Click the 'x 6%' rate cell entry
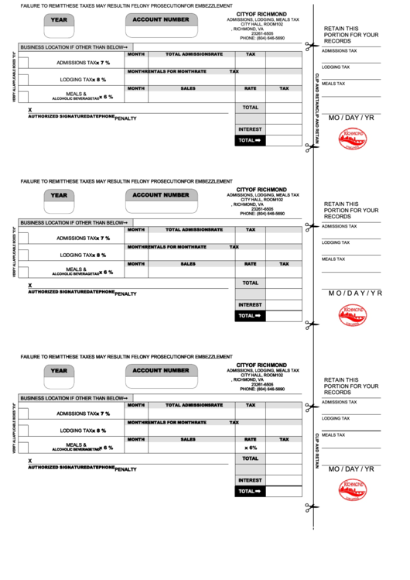[251, 448]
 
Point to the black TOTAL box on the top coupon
[251, 140]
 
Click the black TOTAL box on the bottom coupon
[251, 491]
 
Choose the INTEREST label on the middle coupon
[250, 304]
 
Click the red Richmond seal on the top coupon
[354, 139]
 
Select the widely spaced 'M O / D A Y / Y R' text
[355, 293]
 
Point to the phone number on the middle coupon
[262, 213]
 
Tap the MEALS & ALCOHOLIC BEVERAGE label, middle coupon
[77, 272]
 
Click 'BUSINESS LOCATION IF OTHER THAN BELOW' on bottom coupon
[73, 397]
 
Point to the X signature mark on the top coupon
[30, 110]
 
